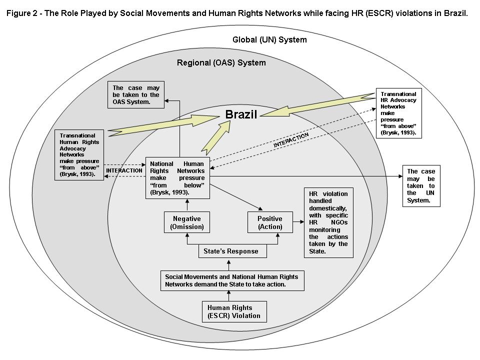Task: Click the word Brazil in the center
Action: (x=240, y=114)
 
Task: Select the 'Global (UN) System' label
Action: (x=269, y=39)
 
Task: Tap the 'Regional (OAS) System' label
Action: (x=221, y=62)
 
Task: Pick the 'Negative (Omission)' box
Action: (x=186, y=222)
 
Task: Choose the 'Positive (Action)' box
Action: (x=269, y=222)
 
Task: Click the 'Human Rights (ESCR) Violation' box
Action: (x=233, y=311)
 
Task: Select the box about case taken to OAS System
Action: (x=136, y=95)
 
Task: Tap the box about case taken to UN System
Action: (x=421, y=185)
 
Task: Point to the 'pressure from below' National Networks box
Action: (x=177, y=178)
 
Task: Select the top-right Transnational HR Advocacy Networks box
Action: (x=398, y=113)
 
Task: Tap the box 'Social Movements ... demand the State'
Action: (x=231, y=280)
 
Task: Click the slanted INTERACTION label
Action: (x=290, y=139)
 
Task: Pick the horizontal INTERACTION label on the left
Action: (x=124, y=170)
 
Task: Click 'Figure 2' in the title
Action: (x=22, y=13)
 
